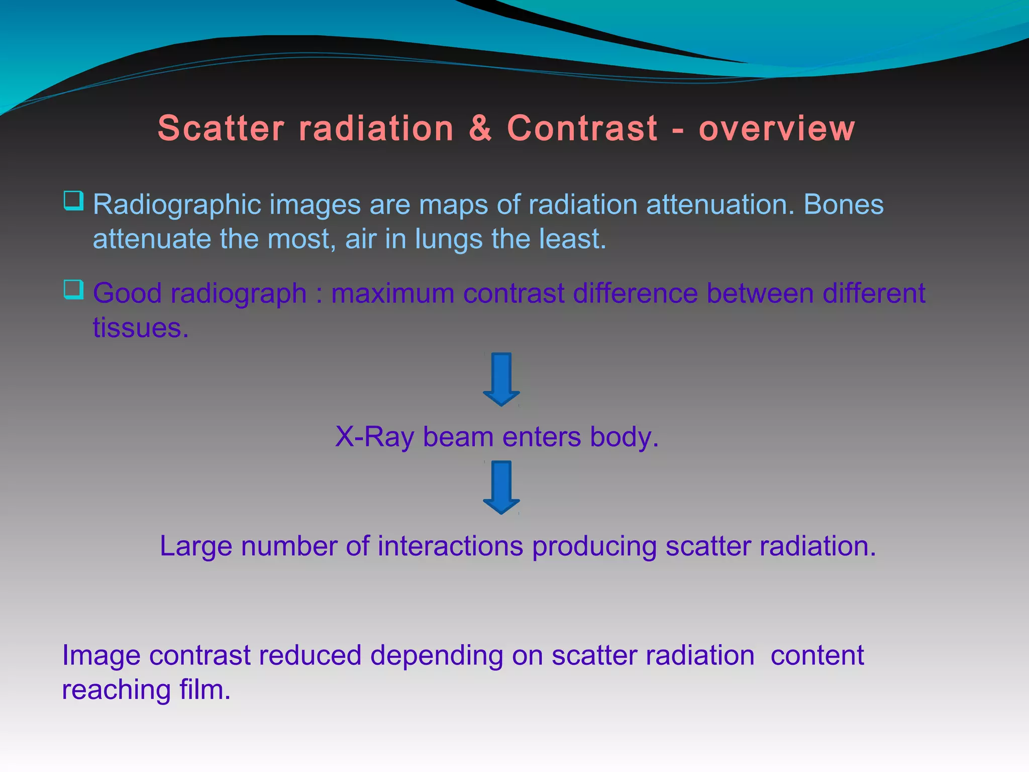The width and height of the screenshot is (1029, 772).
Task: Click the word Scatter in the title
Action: coord(221,128)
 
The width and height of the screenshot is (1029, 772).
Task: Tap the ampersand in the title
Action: coord(480,128)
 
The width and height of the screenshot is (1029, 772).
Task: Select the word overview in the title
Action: coord(776,128)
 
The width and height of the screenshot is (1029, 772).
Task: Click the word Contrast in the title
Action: coord(582,128)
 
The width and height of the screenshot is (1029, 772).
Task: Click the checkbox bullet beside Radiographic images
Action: coord(73,201)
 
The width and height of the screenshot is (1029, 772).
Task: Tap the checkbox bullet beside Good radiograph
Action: coord(73,289)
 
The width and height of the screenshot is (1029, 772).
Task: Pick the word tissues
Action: coord(140,328)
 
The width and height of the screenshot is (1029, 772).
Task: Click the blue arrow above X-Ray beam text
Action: coord(501,379)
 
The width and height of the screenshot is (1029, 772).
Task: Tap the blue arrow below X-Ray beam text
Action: coord(501,487)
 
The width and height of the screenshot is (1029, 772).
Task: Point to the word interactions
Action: coord(450,546)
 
